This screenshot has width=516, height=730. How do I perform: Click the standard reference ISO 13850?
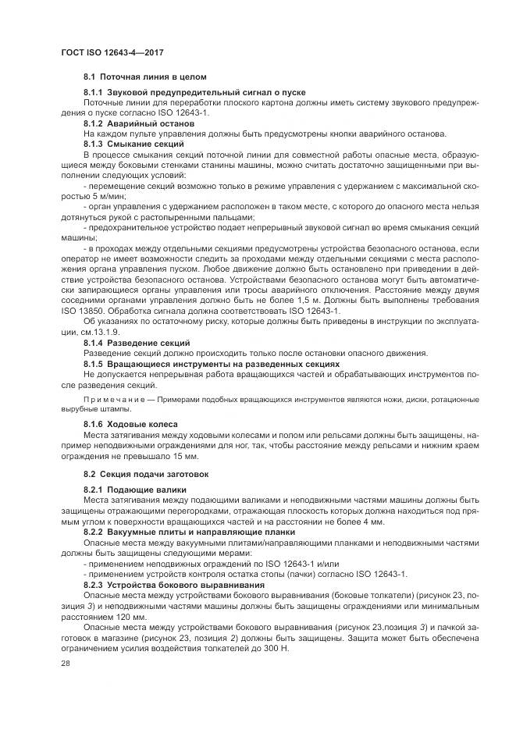coord(84,311)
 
